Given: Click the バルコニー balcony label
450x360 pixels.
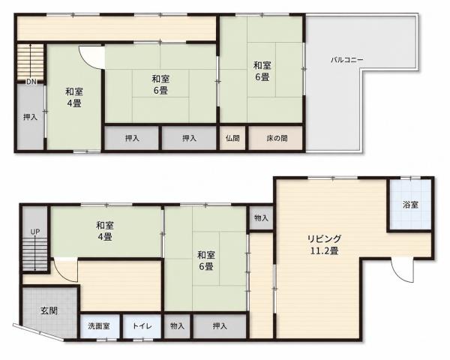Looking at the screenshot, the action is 347,60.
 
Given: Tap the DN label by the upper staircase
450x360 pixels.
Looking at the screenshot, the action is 31,82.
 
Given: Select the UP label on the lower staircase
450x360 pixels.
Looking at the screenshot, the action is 35,232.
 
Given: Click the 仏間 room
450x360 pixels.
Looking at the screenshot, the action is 232,138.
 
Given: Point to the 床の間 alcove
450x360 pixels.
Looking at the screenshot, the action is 276,138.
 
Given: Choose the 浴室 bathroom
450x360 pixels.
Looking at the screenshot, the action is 410,205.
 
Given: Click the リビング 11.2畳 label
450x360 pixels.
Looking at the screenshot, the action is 325,245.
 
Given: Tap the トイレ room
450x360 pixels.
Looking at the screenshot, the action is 142,326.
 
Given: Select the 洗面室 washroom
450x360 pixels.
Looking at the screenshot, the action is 99,326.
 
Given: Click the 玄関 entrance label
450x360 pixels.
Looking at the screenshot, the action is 49,310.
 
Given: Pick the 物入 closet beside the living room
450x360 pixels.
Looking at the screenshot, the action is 261,218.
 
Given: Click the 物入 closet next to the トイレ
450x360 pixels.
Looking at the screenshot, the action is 177,326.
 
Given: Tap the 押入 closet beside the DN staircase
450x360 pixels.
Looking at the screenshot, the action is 30,117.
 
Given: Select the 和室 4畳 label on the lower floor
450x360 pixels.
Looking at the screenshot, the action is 105,231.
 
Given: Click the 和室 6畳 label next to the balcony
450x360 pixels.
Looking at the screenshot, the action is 262,71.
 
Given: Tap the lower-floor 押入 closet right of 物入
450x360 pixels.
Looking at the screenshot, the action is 220,326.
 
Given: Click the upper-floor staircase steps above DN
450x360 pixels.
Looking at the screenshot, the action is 30,61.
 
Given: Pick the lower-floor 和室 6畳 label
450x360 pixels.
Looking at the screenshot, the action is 206,261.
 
